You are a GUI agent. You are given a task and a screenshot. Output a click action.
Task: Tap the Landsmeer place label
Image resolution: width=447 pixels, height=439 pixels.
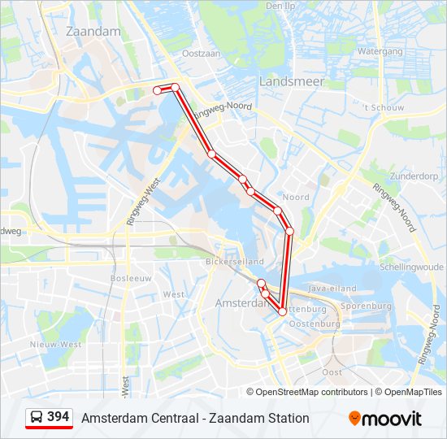point(291,81)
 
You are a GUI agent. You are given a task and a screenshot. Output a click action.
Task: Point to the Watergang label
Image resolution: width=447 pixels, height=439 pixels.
point(380,51)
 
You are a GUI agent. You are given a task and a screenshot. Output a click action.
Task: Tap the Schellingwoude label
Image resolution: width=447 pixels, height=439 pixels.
point(411,267)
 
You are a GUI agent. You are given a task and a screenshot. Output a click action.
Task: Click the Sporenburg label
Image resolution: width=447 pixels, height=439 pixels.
point(366,306)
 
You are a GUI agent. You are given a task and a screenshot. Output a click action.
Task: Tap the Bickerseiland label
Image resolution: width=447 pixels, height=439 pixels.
point(235,262)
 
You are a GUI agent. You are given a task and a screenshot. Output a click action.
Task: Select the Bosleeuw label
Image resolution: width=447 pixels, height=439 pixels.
point(132,278)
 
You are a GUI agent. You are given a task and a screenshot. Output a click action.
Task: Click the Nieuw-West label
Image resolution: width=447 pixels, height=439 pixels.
point(56,345)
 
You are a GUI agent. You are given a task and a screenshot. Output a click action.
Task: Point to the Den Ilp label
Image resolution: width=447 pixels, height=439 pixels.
point(280,6)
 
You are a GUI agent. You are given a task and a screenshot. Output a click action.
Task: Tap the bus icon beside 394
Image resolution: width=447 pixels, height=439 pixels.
point(37,418)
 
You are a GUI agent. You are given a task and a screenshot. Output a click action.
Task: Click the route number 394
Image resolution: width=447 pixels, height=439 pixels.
point(59,417)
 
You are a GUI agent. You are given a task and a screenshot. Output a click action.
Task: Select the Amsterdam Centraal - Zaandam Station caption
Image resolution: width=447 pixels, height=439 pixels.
point(195,418)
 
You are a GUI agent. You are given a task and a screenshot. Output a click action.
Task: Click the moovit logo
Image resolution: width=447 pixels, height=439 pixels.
point(385,419)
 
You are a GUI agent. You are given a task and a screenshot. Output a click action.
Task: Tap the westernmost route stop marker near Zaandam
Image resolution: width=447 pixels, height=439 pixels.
point(158,90)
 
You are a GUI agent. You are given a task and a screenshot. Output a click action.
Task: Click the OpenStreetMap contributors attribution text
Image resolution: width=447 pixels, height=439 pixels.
point(311,392)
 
